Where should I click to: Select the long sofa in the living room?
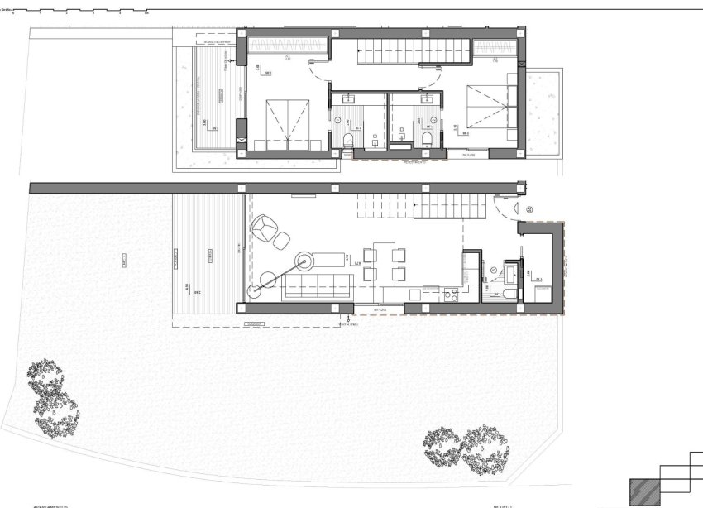click(x=318, y=289)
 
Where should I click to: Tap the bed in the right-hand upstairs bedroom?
click(x=488, y=112)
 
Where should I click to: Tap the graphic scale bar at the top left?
click(x=79, y=11)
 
